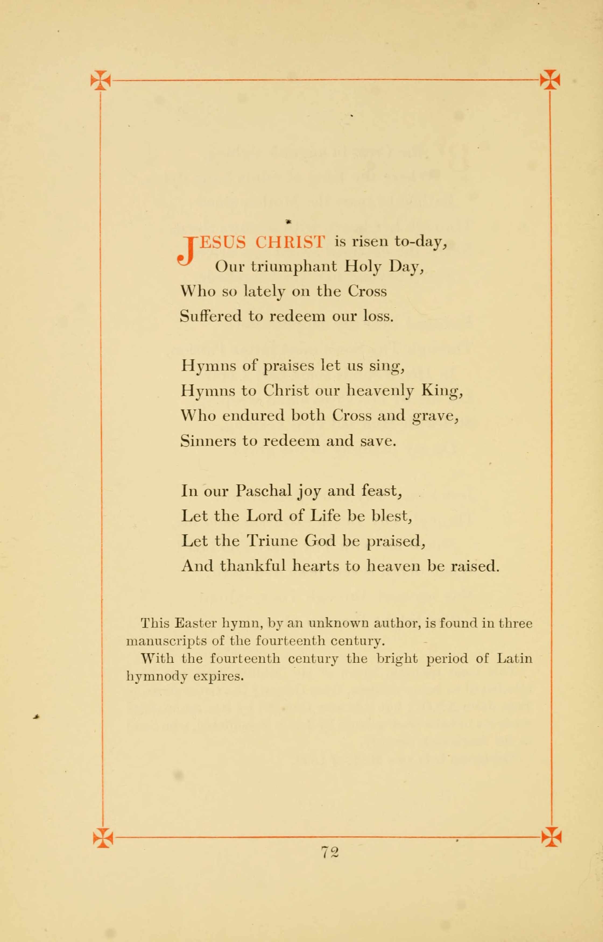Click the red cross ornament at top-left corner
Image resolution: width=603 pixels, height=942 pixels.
[x=101, y=80]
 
